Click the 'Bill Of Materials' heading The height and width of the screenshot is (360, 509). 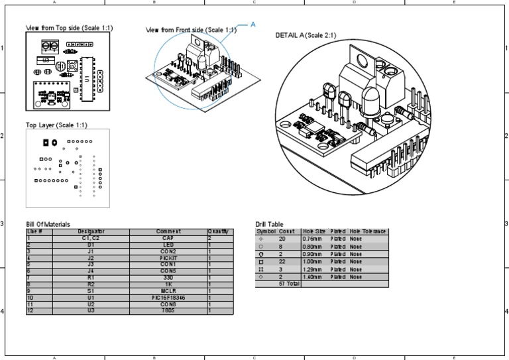(x=48, y=224)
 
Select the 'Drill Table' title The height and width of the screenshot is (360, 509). (x=269, y=224)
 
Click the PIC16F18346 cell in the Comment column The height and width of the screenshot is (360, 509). (x=168, y=298)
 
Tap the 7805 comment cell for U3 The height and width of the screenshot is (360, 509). (x=168, y=310)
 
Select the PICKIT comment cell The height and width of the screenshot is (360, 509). (x=168, y=257)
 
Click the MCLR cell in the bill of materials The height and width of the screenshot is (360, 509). (x=168, y=290)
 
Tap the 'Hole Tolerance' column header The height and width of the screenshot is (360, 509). (x=368, y=231)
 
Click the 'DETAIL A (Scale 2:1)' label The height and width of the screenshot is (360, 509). (x=309, y=34)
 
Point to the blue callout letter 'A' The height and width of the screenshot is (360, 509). (x=253, y=24)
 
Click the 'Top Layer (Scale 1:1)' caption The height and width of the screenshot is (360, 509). (x=56, y=125)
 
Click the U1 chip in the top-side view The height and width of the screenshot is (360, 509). (x=85, y=79)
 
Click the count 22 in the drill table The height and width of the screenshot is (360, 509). (x=282, y=263)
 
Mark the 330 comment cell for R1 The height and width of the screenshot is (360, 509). (x=168, y=277)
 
